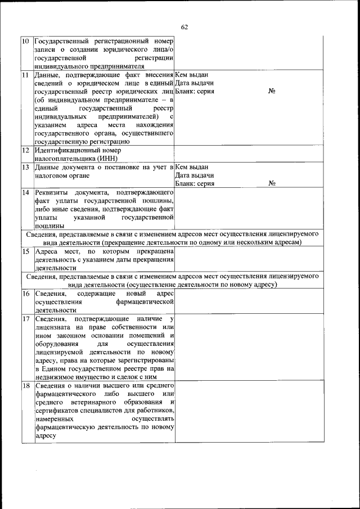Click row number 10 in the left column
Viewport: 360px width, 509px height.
coord(26,42)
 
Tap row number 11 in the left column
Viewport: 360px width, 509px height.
coord(26,75)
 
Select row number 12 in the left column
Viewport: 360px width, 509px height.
coord(26,150)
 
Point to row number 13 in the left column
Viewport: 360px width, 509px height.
coord(26,167)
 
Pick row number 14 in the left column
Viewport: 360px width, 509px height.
coord(26,192)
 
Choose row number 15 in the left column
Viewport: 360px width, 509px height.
coord(26,251)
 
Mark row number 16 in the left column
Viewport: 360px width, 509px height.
coord(26,294)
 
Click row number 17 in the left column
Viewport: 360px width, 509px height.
coord(26,319)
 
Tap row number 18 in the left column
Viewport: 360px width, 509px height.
coord(26,386)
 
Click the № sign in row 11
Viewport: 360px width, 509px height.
coord(272,91)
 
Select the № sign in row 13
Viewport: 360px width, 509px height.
coord(272,183)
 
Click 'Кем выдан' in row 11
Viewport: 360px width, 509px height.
coord(192,75)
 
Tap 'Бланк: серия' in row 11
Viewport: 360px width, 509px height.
coord(195,91)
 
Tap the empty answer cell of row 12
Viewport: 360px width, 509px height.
coord(249,154)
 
